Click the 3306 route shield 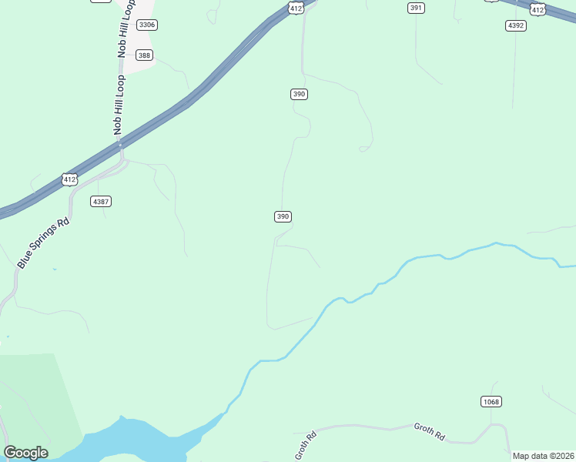146,25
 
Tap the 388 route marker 144,55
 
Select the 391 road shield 416,8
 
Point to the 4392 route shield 516,25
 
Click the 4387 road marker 101,201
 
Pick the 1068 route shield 491,401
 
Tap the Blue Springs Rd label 44,243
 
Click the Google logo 25,452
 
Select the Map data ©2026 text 543,456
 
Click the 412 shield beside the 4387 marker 70,179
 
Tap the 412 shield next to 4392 538,9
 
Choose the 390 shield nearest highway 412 300,94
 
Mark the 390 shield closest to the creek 283,216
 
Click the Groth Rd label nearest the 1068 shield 430,431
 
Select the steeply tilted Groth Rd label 306,446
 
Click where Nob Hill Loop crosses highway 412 120,143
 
